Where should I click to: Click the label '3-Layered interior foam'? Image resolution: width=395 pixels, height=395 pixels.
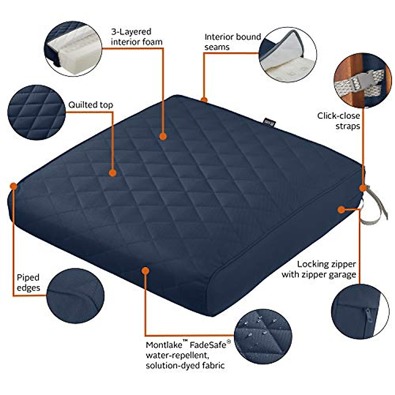point(136,37)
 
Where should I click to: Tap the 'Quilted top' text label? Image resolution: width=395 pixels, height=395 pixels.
point(91,105)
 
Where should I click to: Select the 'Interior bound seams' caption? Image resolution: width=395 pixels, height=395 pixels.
point(232,41)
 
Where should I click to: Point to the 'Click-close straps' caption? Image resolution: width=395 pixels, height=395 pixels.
point(338,120)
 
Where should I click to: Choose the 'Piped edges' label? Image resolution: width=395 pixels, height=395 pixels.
point(28,282)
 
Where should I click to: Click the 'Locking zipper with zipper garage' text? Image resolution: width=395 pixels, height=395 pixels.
point(319,269)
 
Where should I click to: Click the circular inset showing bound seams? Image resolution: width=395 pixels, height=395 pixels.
point(288,55)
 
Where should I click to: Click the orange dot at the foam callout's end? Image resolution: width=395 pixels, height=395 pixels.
point(163,136)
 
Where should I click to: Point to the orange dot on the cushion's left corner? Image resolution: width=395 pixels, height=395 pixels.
point(13,186)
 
